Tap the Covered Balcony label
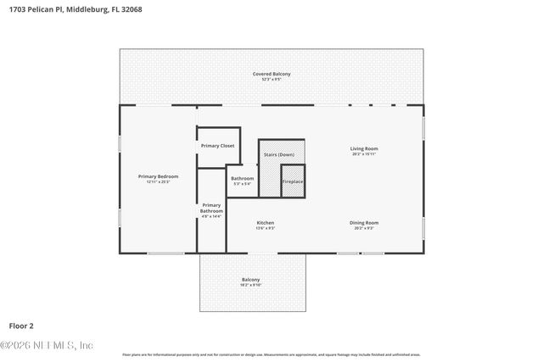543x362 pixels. pyautogui.click(x=271, y=74)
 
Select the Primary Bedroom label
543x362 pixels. pyautogui.click(x=158, y=175)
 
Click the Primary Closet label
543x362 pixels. pyautogui.click(x=218, y=146)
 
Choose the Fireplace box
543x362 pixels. pyautogui.click(x=293, y=181)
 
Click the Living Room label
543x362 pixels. pyautogui.click(x=364, y=148)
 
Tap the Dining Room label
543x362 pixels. pyautogui.click(x=363, y=223)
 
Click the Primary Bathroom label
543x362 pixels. pyautogui.click(x=211, y=208)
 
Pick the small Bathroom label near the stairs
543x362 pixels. pyautogui.click(x=243, y=178)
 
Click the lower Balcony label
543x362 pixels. pyautogui.click(x=250, y=280)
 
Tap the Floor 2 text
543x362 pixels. pyautogui.click(x=21, y=325)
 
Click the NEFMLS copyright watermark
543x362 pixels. pyautogui.click(x=47, y=346)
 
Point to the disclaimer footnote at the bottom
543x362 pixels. pyautogui.click(x=271, y=354)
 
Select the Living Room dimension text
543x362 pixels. pyautogui.click(x=364, y=154)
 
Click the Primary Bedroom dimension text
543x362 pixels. pyautogui.click(x=158, y=181)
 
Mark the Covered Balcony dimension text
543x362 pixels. pyautogui.click(x=271, y=80)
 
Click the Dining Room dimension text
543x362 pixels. pyautogui.click(x=363, y=229)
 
